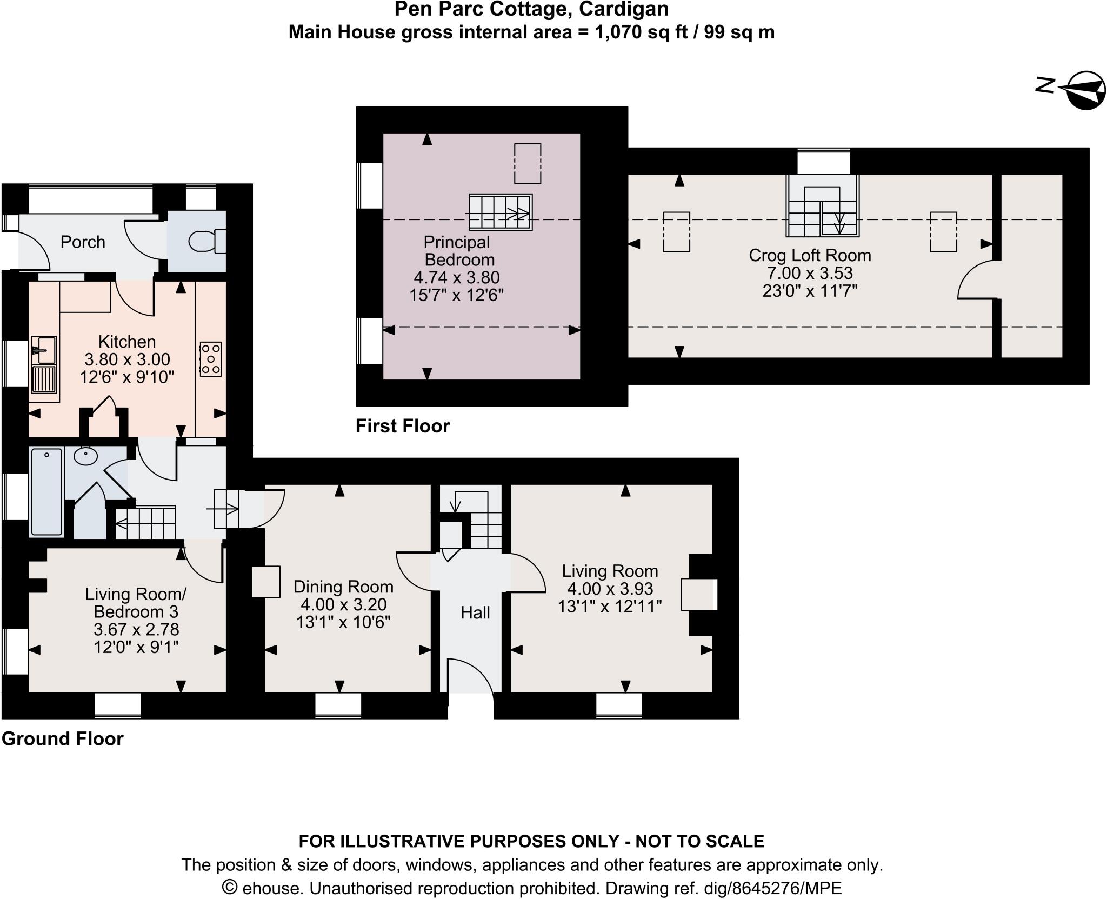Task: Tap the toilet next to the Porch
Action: tap(208, 241)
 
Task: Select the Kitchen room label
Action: tap(127, 342)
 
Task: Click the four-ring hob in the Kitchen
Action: tap(210, 358)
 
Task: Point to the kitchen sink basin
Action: tap(43, 350)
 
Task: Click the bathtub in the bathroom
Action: tap(46, 491)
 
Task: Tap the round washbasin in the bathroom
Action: tap(85, 456)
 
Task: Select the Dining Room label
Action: tap(343, 587)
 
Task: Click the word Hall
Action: tap(475, 612)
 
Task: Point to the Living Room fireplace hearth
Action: tap(699, 595)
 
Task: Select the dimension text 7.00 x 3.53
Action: tap(810, 273)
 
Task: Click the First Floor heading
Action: tap(402, 427)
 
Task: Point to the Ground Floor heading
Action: tap(63, 739)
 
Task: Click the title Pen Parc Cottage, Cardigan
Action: tap(531, 9)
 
